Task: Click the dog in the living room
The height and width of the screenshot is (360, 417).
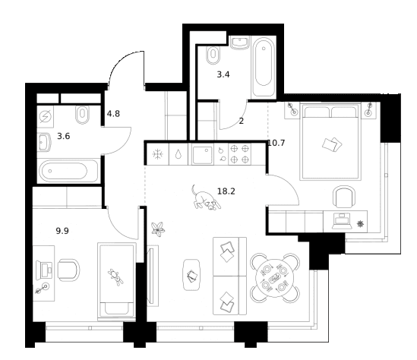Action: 205,198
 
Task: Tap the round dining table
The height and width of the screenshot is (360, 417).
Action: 275,278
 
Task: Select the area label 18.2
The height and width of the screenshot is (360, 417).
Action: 226,191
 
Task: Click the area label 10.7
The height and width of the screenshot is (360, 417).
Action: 276,143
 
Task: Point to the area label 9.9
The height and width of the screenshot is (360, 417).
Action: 62,231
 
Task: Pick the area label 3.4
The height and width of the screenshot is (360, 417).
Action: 223,74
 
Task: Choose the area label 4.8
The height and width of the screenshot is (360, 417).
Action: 113,114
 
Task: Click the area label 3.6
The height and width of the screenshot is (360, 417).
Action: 64,136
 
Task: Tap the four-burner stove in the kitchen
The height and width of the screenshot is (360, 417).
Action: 239,154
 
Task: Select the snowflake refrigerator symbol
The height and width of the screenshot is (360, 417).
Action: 157,154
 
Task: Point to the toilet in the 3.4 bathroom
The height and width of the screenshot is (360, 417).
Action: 213,55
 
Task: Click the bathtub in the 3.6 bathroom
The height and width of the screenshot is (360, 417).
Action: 68,171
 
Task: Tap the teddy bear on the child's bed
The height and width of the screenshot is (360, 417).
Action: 116,277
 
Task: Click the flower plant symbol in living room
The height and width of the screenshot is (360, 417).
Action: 158,229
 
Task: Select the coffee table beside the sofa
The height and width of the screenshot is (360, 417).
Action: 191,275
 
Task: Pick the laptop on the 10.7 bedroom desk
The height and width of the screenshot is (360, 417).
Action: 342,221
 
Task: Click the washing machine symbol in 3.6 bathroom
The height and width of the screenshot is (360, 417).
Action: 46,116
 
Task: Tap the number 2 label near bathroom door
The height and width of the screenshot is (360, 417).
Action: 242,122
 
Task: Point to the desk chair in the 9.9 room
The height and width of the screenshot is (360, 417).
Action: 69,270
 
